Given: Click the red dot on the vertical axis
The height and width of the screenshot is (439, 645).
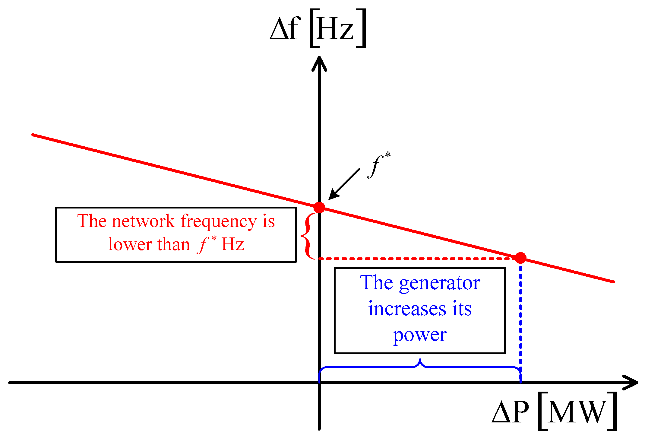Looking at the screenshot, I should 319,207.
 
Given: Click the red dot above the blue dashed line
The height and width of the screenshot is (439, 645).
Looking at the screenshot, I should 520,258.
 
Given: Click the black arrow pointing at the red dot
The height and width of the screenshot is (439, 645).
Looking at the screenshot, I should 344,184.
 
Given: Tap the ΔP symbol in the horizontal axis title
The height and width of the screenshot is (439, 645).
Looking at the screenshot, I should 510,412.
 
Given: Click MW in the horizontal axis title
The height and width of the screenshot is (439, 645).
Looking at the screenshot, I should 576,412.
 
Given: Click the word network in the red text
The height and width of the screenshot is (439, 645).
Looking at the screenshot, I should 143,221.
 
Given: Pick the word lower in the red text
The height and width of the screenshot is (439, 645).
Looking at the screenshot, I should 130,244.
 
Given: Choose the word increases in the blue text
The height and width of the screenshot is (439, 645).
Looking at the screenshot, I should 407,309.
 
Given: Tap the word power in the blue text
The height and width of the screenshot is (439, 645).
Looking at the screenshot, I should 419,335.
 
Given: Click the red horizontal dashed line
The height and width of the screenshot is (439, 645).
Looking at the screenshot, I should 416,259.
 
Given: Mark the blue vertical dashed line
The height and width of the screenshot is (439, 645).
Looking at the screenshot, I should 520,320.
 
